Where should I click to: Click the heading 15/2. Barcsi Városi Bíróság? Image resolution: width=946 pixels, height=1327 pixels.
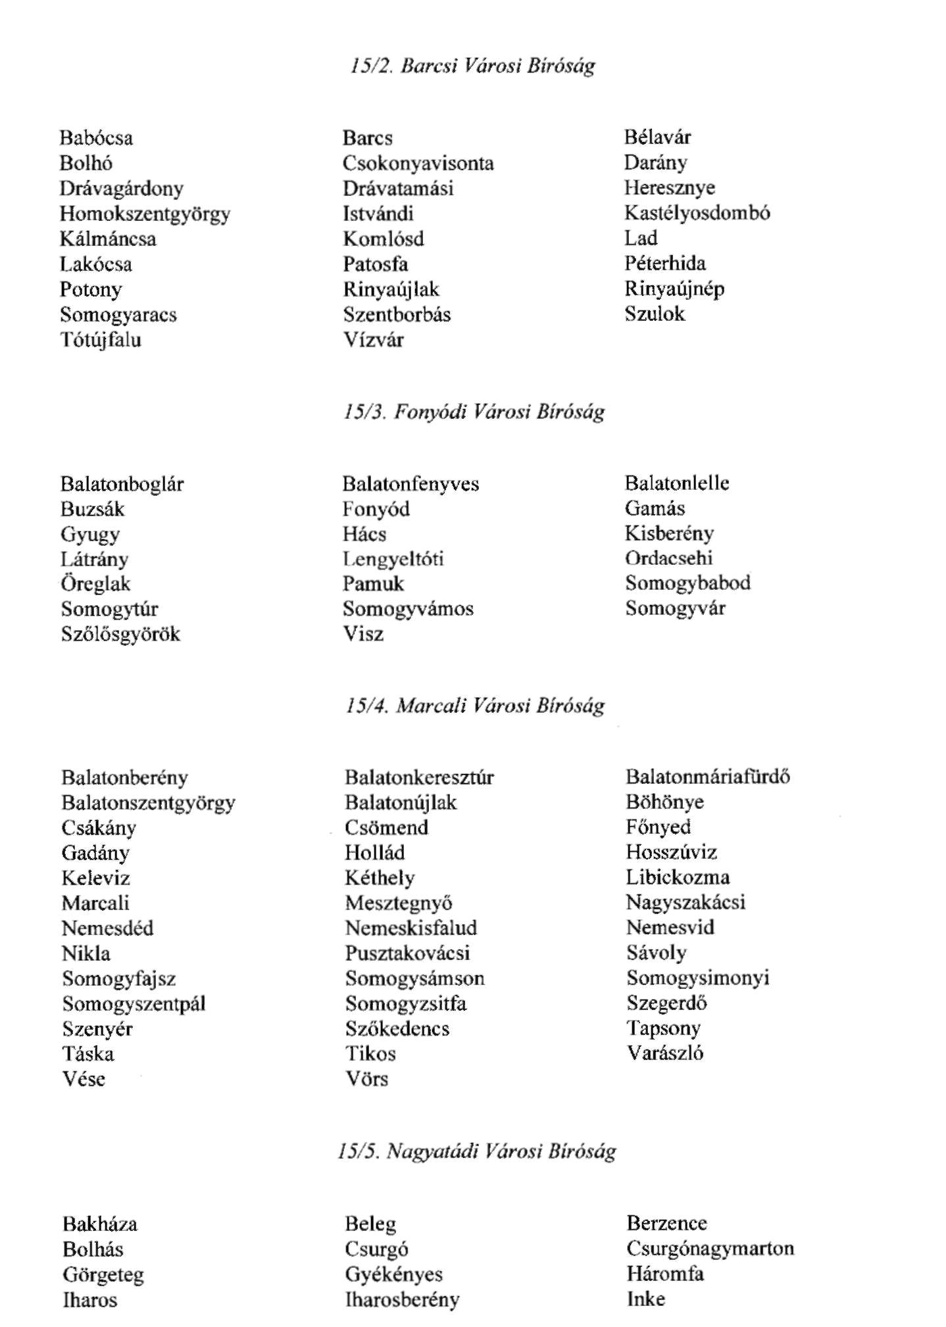[x=472, y=66]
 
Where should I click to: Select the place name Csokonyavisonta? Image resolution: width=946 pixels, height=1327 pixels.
[x=418, y=163]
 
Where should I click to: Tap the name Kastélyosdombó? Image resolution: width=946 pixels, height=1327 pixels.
[x=697, y=213]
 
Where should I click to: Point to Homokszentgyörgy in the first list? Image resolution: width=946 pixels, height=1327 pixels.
[x=145, y=214]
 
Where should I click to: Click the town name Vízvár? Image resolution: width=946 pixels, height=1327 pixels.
[x=373, y=340]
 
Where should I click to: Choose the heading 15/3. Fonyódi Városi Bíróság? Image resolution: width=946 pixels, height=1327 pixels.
[x=474, y=412]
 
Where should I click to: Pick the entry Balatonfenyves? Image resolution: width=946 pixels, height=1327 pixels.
[x=411, y=484]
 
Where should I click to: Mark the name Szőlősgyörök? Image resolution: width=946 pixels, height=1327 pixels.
[x=120, y=635]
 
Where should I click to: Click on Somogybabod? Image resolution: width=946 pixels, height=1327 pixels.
[x=687, y=583]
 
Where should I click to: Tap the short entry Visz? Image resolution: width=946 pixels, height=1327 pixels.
[x=363, y=634]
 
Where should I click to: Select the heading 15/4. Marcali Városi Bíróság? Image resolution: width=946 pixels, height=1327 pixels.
[x=474, y=706]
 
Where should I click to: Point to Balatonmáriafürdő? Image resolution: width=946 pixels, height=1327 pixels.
[x=707, y=777]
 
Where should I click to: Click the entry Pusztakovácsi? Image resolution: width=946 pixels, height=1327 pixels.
[x=407, y=953]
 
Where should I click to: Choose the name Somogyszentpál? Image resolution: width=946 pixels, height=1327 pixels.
[x=134, y=1004]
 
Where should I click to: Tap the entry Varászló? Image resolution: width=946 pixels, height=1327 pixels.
[x=664, y=1053]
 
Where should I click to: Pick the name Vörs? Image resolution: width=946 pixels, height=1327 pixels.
[x=366, y=1079]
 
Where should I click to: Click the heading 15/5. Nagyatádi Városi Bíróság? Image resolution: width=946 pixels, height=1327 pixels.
[x=476, y=1151]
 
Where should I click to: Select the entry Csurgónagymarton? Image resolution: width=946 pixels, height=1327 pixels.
[x=710, y=1249]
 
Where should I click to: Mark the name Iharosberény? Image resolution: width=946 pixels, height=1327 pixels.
[x=402, y=1300]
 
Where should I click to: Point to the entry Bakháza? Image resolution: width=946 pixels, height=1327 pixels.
[x=100, y=1224]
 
